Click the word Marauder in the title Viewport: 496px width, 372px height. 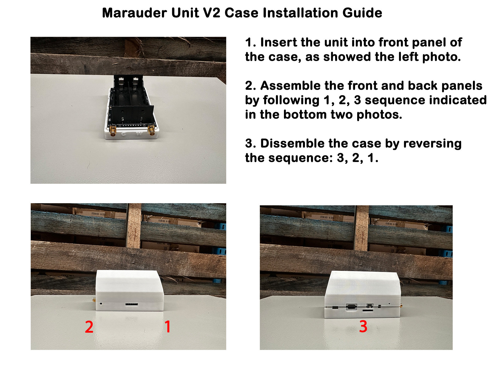(134, 13)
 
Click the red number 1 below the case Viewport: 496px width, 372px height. (167, 327)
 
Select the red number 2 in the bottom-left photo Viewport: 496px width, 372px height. (89, 327)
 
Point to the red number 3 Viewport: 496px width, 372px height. (363, 327)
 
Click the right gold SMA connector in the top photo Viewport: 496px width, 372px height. (151, 130)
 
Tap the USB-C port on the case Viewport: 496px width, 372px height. (351, 306)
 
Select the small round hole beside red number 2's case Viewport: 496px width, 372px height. (101, 304)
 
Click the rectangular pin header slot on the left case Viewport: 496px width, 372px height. (131, 304)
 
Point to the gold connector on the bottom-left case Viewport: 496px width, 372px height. (94, 300)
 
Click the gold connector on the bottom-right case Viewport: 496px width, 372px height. (401, 306)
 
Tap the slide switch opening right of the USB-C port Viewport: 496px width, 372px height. (370, 306)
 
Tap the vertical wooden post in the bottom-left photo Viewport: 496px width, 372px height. (134, 226)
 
